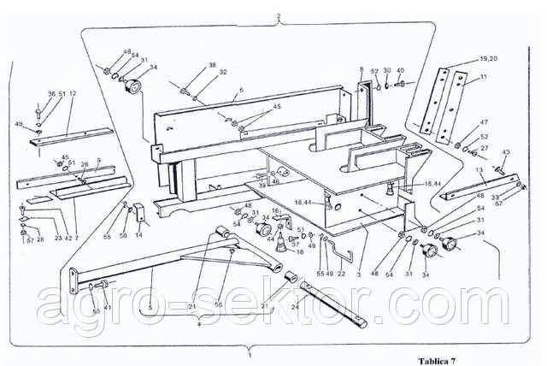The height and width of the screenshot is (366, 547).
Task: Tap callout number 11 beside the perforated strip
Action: click(x=484, y=77)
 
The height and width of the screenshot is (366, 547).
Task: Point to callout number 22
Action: click(x=341, y=274)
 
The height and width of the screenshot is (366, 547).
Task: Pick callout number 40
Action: click(x=400, y=71)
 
